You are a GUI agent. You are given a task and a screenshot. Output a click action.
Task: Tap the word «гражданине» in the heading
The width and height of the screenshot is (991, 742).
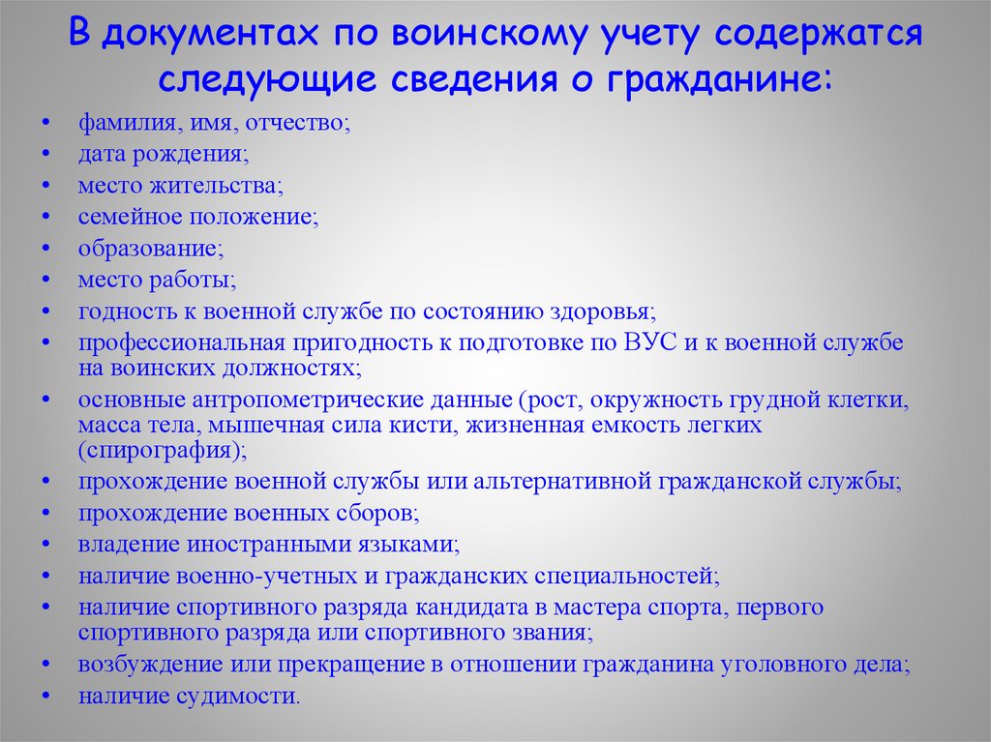(x=717, y=78)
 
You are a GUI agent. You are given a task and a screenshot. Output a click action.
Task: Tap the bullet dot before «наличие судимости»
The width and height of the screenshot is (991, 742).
(x=47, y=696)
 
